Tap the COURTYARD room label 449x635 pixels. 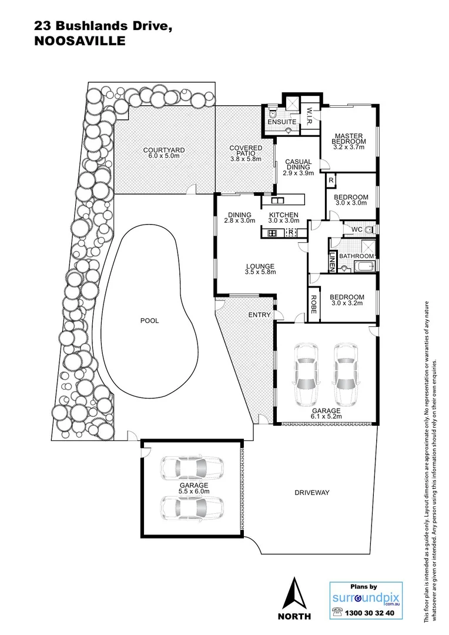(164, 151)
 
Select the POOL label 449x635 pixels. (149, 320)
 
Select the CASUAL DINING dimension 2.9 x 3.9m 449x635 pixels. (299, 173)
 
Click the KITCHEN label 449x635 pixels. (284, 215)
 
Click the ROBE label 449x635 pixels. (313, 304)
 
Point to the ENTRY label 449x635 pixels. (260, 315)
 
